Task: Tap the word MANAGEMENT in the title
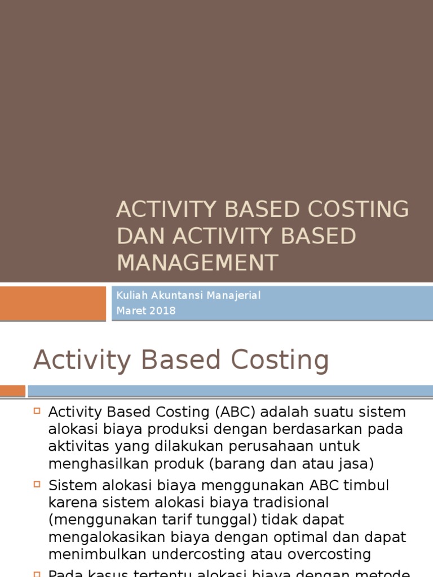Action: (x=197, y=263)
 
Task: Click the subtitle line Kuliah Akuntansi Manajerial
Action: (x=188, y=295)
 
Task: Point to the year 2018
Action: (x=163, y=310)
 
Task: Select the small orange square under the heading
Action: (x=12, y=390)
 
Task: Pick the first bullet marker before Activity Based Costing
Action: (x=37, y=411)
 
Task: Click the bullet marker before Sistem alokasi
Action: (x=37, y=483)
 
